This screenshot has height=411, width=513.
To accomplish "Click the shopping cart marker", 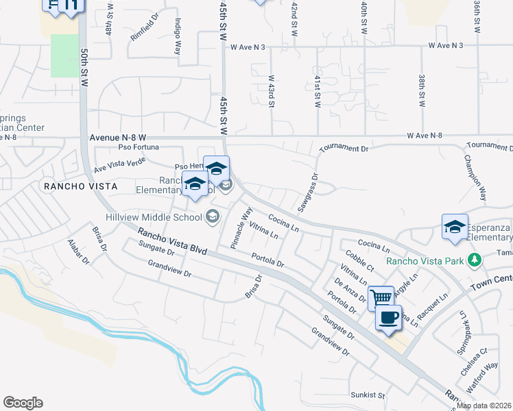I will pyautogui.click(x=381, y=298).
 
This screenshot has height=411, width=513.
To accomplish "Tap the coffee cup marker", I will pyautogui.click(x=389, y=318).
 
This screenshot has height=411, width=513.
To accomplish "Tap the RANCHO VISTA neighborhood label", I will pyautogui.click(x=80, y=186).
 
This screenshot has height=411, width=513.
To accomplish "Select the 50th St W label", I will pyautogui.click(x=84, y=67).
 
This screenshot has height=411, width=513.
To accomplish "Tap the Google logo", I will pyautogui.click(x=23, y=403).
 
